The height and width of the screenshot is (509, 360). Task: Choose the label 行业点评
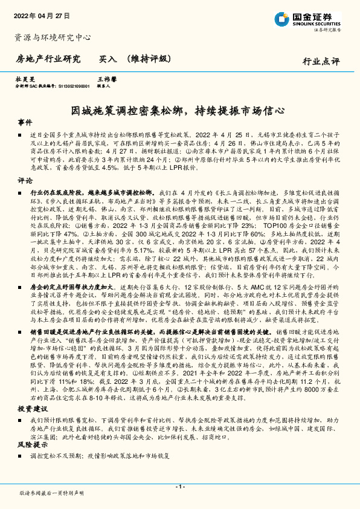coord(321,60)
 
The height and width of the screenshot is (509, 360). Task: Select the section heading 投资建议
coord(31,409)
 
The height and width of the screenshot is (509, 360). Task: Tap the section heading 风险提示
coord(31,444)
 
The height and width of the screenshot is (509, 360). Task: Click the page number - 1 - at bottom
coord(179,486)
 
